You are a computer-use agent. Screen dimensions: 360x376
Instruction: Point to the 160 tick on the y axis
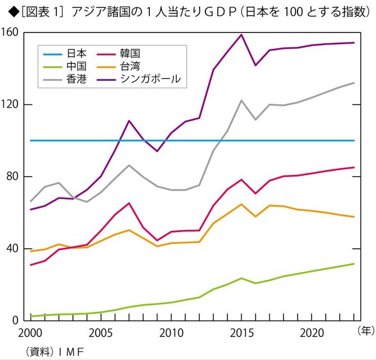pyautogui.click(x=12, y=33)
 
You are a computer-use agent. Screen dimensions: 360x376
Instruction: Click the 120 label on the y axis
pyautogui.click(x=12, y=105)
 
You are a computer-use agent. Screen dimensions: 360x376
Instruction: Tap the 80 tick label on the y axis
pyautogui.click(x=15, y=177)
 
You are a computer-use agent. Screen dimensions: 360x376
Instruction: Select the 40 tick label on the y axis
pyautogui.click(x=15, y=248)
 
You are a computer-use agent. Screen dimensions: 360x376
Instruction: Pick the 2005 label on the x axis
pyautogui.click(x=100, y=333)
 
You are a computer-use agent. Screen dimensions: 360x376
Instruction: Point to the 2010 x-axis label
pyautogui.click(x=171, y=333)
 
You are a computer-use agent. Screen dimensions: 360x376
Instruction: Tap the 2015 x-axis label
pyautogui.click(x=241, y=333)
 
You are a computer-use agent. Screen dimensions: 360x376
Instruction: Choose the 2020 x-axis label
pyautogui.click(x=311, y=333)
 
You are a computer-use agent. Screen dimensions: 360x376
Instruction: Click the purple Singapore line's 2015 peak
pyautogui.click(x=241, y=35)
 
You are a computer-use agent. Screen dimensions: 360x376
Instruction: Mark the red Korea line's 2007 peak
pyautogui.click(x=129, y=203)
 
